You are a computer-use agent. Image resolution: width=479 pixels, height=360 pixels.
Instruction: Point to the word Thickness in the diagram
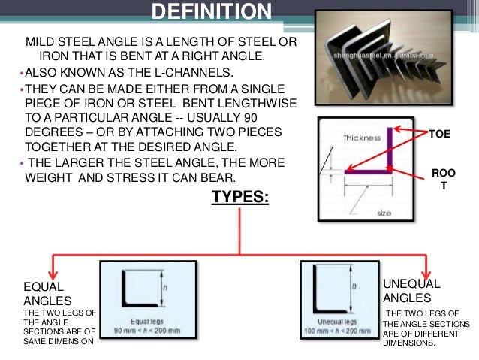coord(360,138)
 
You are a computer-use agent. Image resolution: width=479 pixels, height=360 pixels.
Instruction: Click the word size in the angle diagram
coord(384,213)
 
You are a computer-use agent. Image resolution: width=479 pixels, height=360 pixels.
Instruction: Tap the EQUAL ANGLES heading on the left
coord(44,294)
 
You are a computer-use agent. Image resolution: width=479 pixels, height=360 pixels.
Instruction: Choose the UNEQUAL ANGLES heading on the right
coord(412,291)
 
